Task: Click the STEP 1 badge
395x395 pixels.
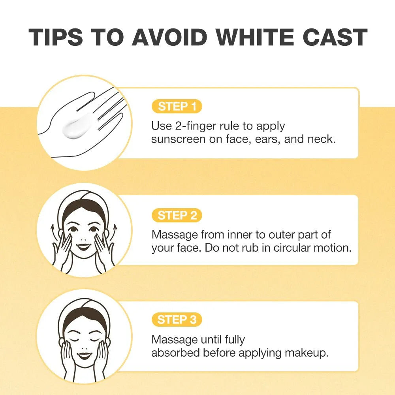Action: pyautogui.click(x=177, y=106)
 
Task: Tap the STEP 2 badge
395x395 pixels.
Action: pyautogui.click(x=177, y=215)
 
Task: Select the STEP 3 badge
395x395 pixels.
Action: pyautogui.click(x=177, y=320)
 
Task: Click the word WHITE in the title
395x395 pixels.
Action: pyautogui.click(x=255, y=37)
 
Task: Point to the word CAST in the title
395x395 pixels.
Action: pyautogui.click(x=335, y=37)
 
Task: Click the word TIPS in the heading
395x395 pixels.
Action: pyautogui.click(x=55, y=37)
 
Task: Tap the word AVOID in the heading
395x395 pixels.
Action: pyautogui.click(x=169, y=37)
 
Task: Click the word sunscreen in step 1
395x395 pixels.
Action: pyautogui.click(x=178, y=139)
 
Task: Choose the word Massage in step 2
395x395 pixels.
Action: pyautogui.click(x=175, y=235)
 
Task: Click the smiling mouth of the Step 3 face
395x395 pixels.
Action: pyautogui.click(x=84, y=355)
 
